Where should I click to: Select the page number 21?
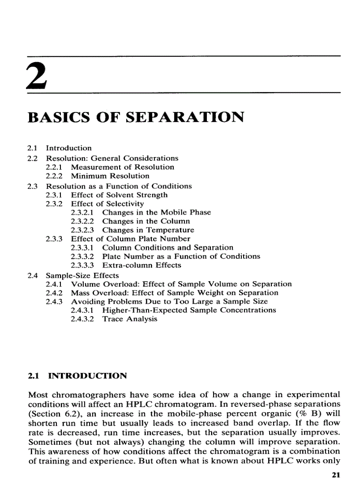336,476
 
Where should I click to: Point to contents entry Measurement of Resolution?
123,167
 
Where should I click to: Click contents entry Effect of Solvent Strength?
119,194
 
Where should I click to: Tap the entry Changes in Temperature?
148,230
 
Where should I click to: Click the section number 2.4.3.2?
84,319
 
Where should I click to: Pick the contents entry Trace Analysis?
130,319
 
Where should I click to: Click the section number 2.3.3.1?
84,247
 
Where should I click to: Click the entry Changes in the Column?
146,221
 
